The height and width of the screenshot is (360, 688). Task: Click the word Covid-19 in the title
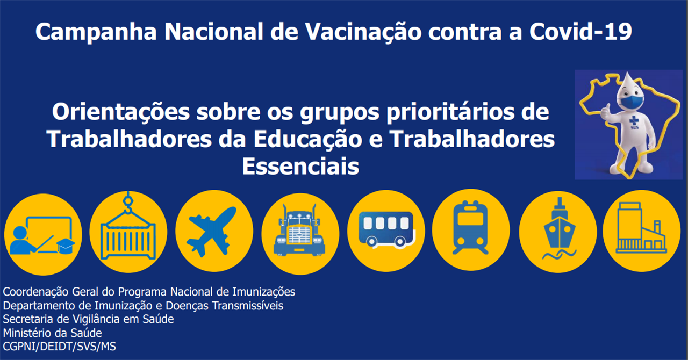[580, 31]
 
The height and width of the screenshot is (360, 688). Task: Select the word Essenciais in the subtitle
[300, 166]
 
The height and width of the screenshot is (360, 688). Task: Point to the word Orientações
[121, 112]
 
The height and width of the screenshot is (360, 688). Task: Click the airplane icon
[212, 231]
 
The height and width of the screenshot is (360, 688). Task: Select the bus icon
[386, 229]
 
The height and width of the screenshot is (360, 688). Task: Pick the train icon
[470, 227]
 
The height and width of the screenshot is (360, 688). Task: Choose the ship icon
[559, 228]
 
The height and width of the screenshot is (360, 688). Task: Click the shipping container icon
[128, 240]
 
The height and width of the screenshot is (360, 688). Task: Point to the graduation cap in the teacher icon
[66, 246]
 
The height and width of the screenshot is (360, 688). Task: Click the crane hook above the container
[128, 203]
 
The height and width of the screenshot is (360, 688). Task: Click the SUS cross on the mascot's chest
[634, 121]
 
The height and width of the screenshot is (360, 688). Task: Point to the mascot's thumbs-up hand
[606, 112]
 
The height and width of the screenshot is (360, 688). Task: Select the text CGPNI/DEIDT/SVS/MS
[59, 347]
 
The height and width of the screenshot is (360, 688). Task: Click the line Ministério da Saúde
[52, 333]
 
